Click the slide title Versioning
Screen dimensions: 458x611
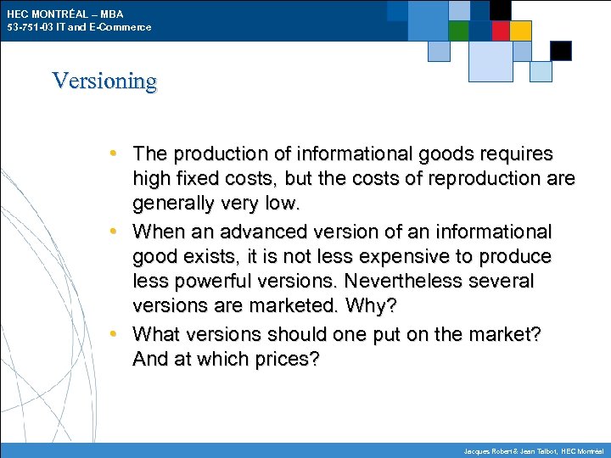(x=104, y=81)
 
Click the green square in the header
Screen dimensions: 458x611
(x=458, y=31)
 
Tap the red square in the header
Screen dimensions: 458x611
(x=501, y=31)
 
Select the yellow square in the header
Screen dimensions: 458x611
(x=521, y=31)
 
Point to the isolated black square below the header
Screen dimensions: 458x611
(x=561, y=50)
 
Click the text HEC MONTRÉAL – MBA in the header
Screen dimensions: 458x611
(x=64, y=14)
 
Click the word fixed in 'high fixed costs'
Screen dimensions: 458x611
(x=191, y=179)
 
